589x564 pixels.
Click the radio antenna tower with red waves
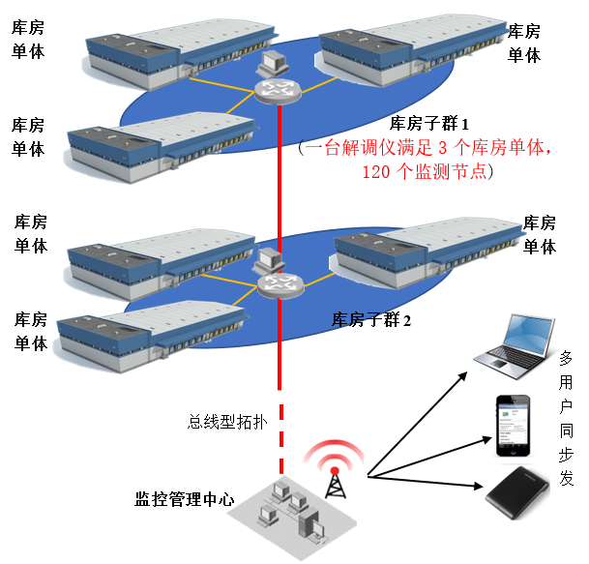(x=335, y=468)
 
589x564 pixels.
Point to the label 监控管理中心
(x=184, y=500)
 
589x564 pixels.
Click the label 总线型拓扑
(x=221, y=422)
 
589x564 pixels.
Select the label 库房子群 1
(x=428, y=124)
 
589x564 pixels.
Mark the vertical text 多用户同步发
(x=566, y=416)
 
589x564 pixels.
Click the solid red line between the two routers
(x=280, y=184)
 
